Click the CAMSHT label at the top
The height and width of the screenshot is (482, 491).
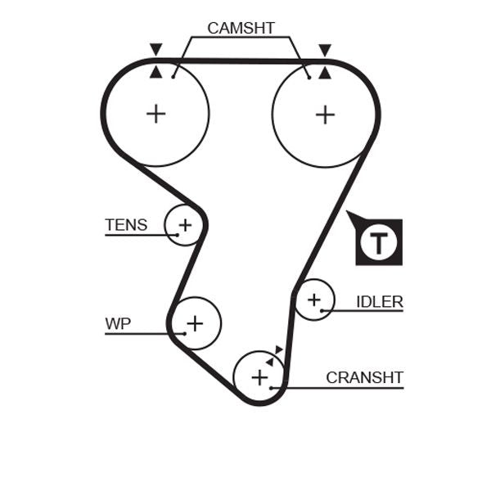coord(241,28)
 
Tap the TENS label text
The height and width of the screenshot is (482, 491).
coord(126,224)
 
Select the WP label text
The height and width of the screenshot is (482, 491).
coord(118,323)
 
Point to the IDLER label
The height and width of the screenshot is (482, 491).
coord(379,302)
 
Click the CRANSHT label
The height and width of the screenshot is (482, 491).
coord(364,377)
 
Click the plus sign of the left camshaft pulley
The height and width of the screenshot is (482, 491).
coord(155,113)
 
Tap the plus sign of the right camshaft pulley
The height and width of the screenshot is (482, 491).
coord(325,114)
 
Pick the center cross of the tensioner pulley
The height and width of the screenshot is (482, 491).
coord(185,224)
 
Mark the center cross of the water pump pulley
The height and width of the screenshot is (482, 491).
coord(194,324)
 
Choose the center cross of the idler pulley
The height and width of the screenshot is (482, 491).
coord(313,300)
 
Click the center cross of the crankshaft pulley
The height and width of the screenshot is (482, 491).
coord(259,377)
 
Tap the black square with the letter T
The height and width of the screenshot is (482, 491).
coord(377,242)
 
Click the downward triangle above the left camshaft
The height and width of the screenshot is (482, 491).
coord(155,50)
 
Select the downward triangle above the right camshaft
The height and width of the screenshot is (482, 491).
coord(325,50)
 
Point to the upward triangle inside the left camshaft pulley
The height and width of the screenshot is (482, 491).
coord(155,72)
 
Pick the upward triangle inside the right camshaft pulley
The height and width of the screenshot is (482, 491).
coord(325,72)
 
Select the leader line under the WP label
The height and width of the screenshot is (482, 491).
coord(135,334)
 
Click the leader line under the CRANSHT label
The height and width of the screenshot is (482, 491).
coord(344,387)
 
